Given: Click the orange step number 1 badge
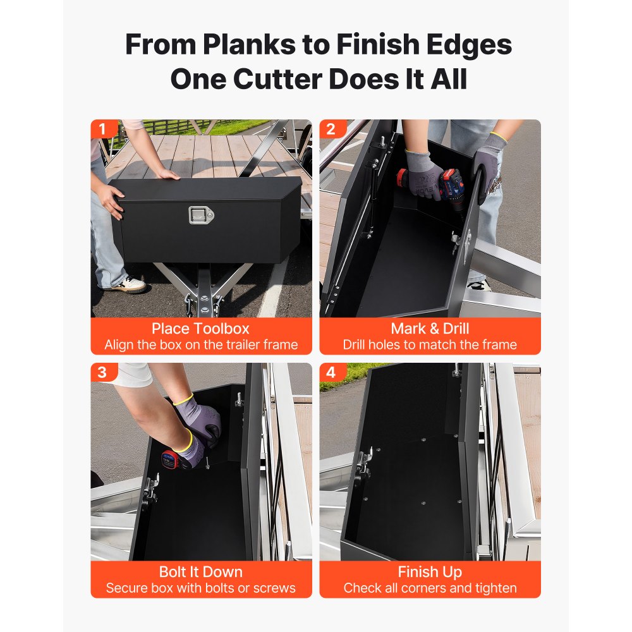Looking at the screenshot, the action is (103, 129).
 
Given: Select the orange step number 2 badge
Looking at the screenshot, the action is (332, 129).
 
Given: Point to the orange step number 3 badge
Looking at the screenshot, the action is (103, 372).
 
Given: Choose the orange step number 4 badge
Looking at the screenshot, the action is (332, 372).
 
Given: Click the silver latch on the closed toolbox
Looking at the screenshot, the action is (201, 215).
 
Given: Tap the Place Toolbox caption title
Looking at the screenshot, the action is (201, 329).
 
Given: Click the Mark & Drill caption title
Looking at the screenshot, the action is (430, 329).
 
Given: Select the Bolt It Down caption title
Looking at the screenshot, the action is (201, 572).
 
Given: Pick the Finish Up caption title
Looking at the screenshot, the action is (430, 572).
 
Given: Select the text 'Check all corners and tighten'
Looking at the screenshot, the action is (430, 588).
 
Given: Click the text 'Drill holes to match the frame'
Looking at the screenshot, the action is (430, 344).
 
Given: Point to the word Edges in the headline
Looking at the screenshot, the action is (469, 45).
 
